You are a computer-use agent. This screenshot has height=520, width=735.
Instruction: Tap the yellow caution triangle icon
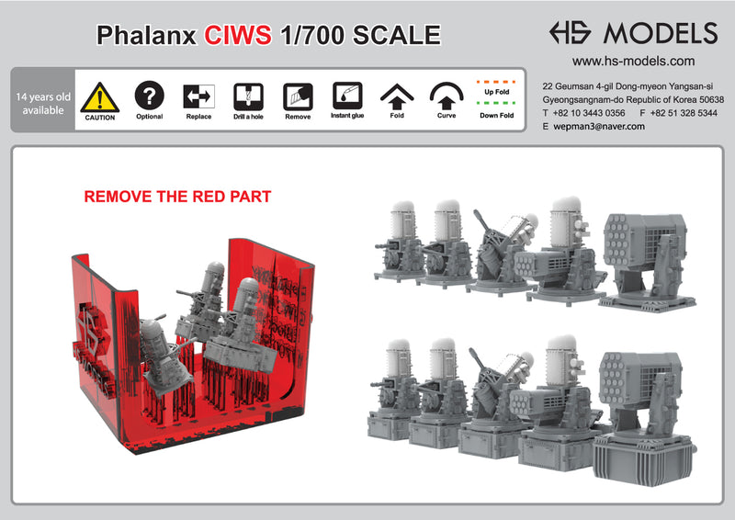point(99,96)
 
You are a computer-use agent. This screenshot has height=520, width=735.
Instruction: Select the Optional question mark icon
point(149,96)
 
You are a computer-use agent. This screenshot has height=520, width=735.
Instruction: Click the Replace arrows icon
point(198,96)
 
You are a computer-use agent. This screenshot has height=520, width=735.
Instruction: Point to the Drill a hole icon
point(248,96)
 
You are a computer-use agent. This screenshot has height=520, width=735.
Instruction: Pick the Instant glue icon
point(346,96)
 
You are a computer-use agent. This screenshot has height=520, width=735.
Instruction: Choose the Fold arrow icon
point(397,96)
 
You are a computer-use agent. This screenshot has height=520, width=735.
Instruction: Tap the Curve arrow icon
point(447,96)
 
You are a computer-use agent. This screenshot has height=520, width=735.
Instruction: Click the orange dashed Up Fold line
point(495,81)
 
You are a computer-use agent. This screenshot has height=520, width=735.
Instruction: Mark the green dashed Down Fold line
point(495,103)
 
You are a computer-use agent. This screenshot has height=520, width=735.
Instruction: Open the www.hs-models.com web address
point(633,62)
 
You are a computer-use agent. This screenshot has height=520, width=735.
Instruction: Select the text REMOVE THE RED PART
point(177,197)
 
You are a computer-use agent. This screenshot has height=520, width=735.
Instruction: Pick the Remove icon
point(298,96)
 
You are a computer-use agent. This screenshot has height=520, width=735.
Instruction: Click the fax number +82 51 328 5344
point(680,112)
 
